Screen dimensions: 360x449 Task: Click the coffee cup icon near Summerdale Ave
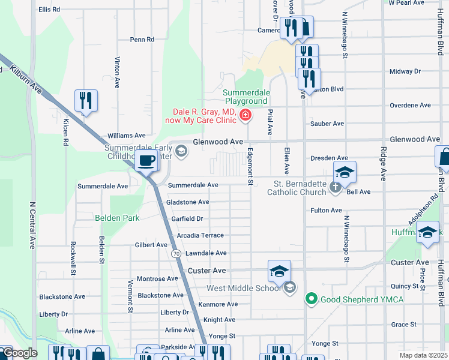147,160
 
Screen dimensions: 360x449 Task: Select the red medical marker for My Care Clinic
245,115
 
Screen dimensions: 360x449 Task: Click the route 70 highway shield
176,254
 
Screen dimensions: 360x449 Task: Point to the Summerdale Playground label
246,97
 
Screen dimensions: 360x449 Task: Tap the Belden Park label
117,218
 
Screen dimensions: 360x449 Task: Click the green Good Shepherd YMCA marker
311,298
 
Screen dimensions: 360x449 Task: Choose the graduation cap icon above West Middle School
279,271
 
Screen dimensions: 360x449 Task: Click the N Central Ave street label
31,225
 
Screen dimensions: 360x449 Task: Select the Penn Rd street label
142,40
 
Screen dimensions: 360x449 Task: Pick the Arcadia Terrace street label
197,236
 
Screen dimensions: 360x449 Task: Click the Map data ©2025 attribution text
423,355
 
